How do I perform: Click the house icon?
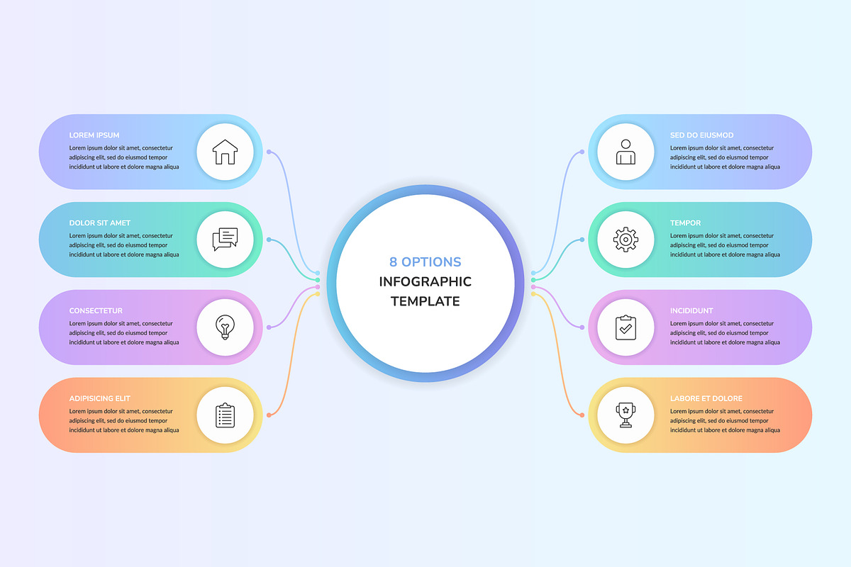click(x=225, y=152)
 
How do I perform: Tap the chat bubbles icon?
click(x=225, y=240)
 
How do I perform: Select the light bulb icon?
click(x=225, y=327)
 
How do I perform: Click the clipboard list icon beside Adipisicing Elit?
click(x=225, y=415)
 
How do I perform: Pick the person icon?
click(x=625, y=152)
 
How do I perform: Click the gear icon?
click(x=625, y=240)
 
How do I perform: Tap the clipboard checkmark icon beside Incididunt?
click(x=625, y=327)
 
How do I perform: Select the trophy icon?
click(x=625, y=415)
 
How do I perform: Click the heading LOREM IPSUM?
click(x=94, y=135)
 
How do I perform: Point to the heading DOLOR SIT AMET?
click(x=99, y=223)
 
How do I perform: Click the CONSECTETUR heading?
click(x=96, y=310)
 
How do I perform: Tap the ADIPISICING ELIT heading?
click(x=99, y=398)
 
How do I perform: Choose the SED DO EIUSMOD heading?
click(x=701, y=135)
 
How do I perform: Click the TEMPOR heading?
click(x=685, y=223)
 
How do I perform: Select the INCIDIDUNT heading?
click(x=691, y=310)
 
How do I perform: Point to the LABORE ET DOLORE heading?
click(x=706, y=398)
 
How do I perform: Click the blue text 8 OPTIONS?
click(x=425, y=262)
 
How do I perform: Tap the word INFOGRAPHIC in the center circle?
click(x=425, y=282)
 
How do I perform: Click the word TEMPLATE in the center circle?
click(x=425, y=301)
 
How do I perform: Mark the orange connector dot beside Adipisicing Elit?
click(x=269, y=415)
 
